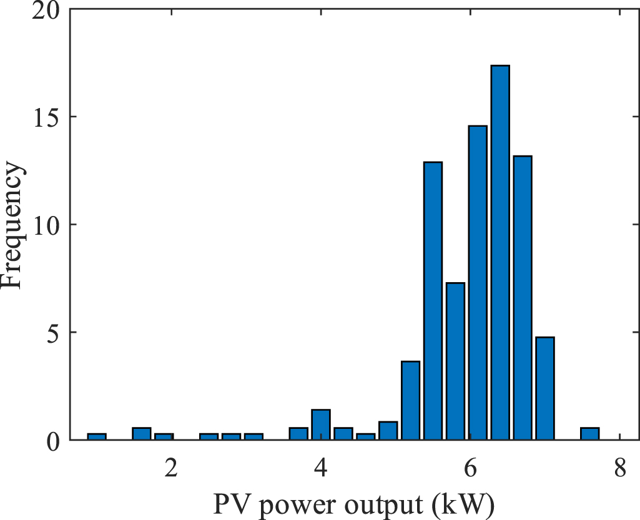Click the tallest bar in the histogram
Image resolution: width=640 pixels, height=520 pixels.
tap(500, 252)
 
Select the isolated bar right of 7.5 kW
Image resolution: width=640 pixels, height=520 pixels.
tap(589, 434)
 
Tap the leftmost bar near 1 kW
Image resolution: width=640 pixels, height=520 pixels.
tap(97, 436)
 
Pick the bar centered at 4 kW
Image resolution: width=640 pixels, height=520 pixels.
tap(321, 424)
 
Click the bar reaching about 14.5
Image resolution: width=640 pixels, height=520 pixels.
tap(478, 282)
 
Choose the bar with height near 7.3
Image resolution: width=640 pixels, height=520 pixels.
tap(455, 361)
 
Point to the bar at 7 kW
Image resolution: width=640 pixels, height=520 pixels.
tap(545, 388)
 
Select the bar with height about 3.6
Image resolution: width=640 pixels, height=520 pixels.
tap(410, 400)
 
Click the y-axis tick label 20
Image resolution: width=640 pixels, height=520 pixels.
tap(47, 11)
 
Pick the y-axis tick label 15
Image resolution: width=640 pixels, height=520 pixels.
tap(47, 117)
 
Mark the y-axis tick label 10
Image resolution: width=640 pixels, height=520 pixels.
tap(47, 225)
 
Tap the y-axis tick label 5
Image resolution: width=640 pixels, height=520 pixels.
tap(54, 332)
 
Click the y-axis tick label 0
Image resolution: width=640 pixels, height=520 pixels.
tap(54, 439)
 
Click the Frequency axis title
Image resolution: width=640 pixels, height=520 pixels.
tap(14, 225)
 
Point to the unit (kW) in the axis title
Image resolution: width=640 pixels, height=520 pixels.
tap(465, 503)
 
